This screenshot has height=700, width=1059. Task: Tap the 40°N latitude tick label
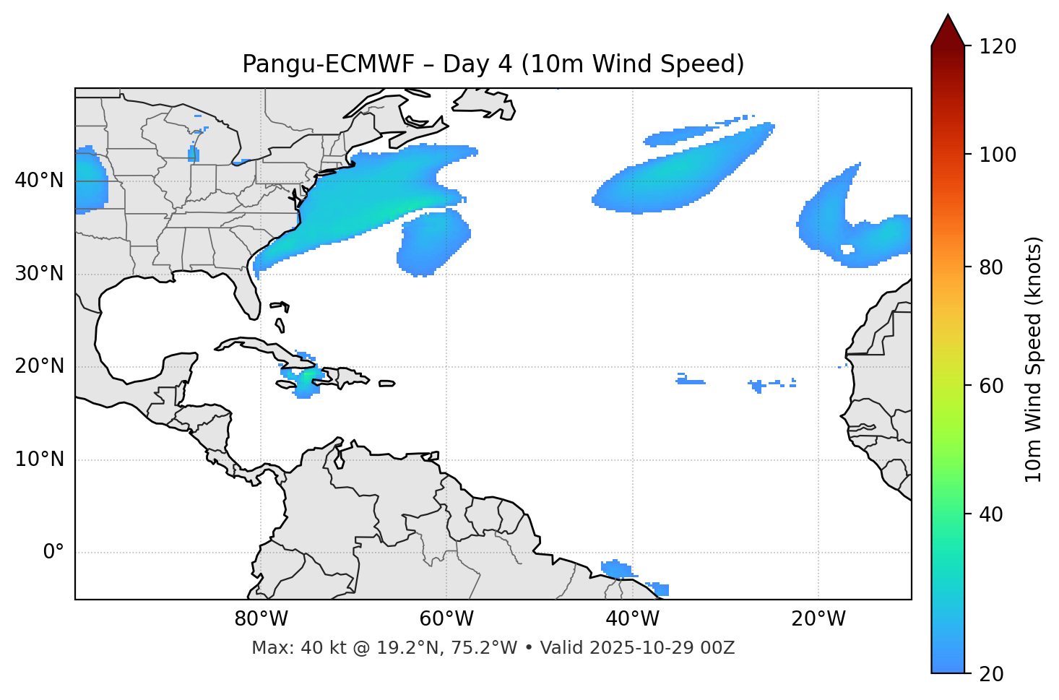click(39, 181)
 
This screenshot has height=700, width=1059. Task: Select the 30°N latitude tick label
click(39, 274)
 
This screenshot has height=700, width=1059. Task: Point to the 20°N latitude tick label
click(39, 366)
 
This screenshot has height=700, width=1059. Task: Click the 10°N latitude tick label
click(39, 459)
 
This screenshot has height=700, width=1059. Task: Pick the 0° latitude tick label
click(53, 553)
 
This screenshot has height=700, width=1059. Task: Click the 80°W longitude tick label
click(261, 619)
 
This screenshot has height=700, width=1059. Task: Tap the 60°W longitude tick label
click(446, 619)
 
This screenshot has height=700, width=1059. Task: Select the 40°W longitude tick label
click(632, 619)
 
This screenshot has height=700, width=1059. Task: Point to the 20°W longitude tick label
click(818, 619)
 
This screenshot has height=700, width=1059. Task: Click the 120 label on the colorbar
click(998, 47)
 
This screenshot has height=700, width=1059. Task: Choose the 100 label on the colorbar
click(998, 155)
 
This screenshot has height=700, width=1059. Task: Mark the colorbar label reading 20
click(992, 674)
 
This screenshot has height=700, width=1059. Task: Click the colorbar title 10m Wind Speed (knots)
click(1034, 359)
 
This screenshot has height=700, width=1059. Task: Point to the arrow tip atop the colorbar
click(948, 16)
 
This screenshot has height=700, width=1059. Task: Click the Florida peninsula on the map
click(247, 293)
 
